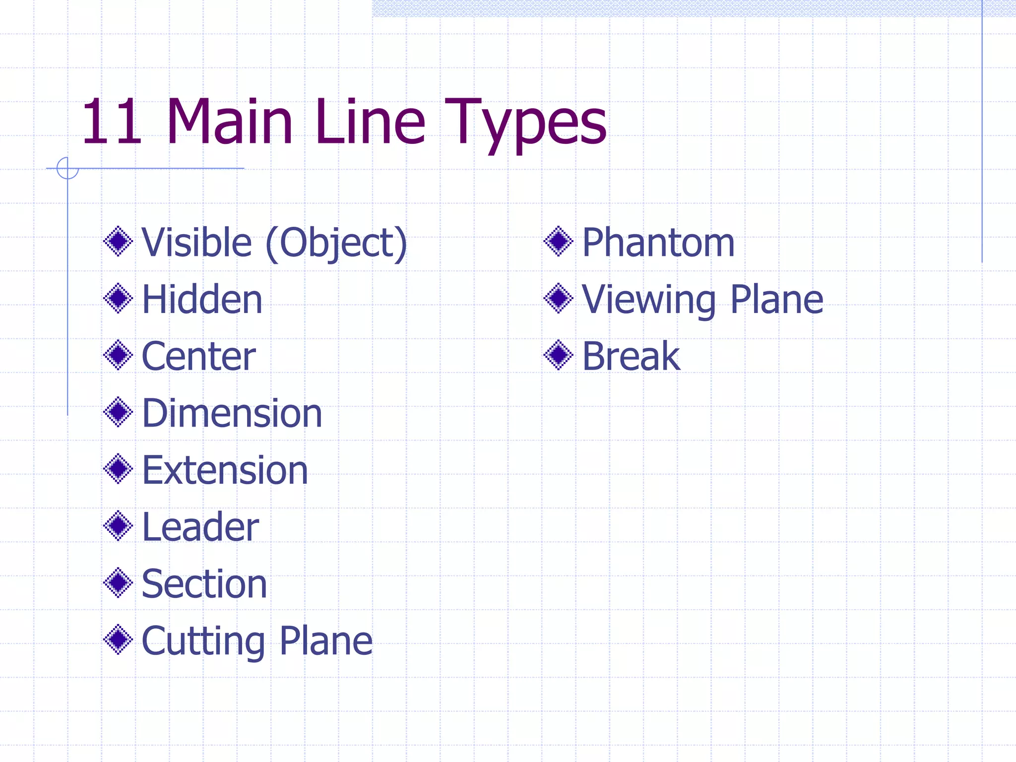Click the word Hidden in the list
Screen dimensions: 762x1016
pos(202,300)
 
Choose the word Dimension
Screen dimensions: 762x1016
pos(232,413)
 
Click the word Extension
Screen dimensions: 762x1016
pos(225,470)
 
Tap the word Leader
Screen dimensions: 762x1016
pos(200,527)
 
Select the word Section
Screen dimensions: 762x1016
pos(204,584)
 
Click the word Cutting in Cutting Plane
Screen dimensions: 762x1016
pos(203,641)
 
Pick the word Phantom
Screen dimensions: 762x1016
pos(658,243)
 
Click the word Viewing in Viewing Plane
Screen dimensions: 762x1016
pos(648,301)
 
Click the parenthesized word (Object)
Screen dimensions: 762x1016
pos(336,243)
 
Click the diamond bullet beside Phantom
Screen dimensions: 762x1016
pos(559,242)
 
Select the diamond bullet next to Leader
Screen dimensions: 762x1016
pos(118,526)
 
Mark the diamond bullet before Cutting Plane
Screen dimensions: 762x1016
pos(118,639)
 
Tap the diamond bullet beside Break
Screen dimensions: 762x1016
pos(559,355)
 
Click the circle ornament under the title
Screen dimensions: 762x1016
pos(67,168)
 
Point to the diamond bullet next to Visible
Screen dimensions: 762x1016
pos(118,242)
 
